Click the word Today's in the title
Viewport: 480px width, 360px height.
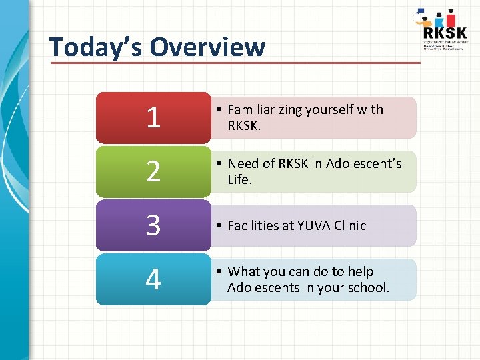[96, 47]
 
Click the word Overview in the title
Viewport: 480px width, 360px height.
[207, 47]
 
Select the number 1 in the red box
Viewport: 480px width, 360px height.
[153, 118]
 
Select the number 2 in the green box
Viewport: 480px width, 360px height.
[153, 172]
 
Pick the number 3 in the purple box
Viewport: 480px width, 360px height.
[153, 226]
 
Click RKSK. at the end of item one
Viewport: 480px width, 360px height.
[245, 125]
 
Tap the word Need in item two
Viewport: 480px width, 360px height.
[243, 163]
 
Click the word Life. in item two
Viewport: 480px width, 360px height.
[239, 179]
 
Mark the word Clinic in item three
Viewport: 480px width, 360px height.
[351, 226]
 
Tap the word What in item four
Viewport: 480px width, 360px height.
[244, 272]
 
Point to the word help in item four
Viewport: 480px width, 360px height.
[360, 272]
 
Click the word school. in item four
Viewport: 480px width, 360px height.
[368, 287]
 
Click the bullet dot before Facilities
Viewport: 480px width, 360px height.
[219, 226]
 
